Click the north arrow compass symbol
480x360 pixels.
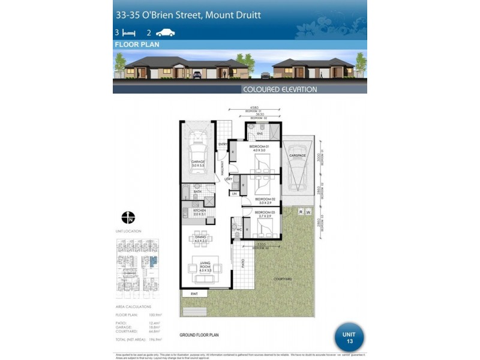point(128,217)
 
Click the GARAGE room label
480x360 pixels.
point(198,163)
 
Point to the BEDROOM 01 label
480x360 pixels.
point(259,146)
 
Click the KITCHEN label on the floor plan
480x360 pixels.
point(199,211)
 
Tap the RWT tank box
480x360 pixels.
point(194,294)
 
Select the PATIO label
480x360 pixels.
point(243,262)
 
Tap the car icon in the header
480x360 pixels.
point(166,33)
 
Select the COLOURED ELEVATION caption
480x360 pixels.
point(280,89)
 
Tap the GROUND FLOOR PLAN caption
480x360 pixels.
point(199,335)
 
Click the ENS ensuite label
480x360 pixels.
point(260,134)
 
